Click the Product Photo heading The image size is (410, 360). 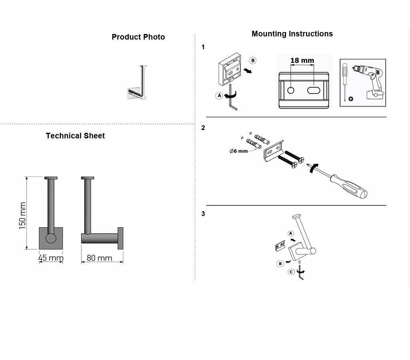(x=138, y=37)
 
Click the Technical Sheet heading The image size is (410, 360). (x=75, y=136)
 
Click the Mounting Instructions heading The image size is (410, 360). (x=292, y=34)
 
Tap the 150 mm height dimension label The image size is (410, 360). (x=22, y=216)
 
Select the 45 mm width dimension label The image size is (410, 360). (x=51, y=258)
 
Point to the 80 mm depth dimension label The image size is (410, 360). (x=99, y=258)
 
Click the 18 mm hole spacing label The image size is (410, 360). (x=302, y=60)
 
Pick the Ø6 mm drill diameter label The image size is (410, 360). (x=239, y=151)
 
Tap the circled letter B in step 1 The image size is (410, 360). (x=253, y=60)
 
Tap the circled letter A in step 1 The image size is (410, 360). (x=219, y=96)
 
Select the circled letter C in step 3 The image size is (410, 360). (x=291, y=272)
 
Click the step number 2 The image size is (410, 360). (x=203, y=128)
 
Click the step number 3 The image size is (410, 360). (x=203, y=214)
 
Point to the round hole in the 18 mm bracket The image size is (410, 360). (x=291, y=90)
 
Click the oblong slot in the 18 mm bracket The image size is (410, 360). (x=314, y=90)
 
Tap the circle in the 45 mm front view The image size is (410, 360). (x=51, y=238)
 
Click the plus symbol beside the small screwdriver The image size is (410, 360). (x=351, y=99)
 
